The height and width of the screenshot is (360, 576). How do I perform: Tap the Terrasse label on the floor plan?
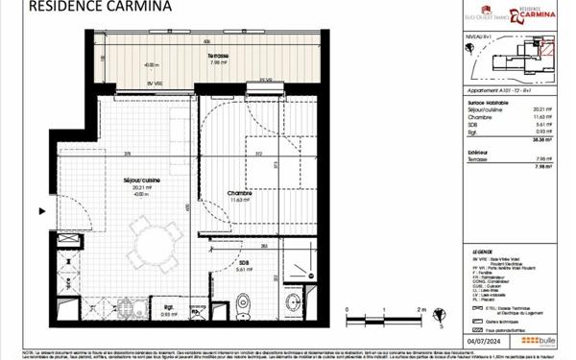click(x=218, y=58)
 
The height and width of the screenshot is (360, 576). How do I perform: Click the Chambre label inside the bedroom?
click(x=239, y=196)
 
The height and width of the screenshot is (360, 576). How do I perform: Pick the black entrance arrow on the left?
click(x=41, y=211)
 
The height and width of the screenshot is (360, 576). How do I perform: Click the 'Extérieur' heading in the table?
click(x=477, y=152)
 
